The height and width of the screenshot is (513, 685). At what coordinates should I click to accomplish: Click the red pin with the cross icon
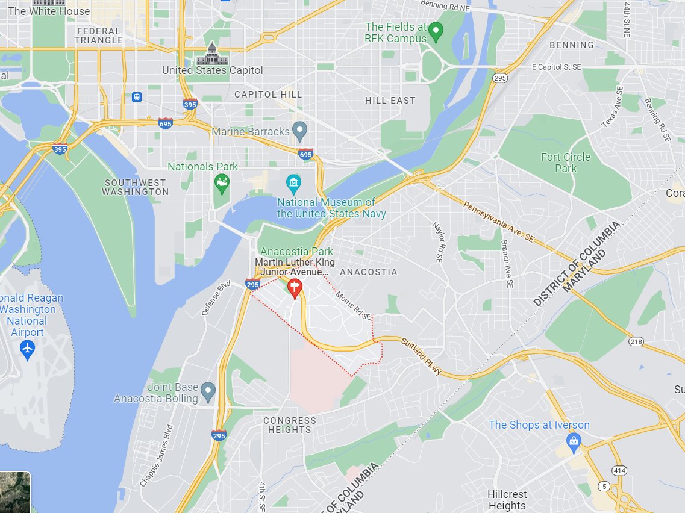click(x=295, y=288)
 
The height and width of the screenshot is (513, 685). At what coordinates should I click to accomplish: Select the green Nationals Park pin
click(x=222, y=183)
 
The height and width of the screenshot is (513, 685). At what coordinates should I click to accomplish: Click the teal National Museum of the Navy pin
click(x=293, y=183)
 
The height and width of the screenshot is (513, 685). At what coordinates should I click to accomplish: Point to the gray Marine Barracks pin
click(x=299, y=131)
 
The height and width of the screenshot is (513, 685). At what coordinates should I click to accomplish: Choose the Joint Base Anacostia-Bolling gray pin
click(x=208, y=391)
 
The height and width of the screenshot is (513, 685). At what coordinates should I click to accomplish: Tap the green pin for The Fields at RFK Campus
click(x=437, y=31)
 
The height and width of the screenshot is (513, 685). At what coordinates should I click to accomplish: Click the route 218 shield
click(x=636, y=341)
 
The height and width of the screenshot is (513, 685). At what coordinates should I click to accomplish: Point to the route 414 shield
click(x=619, y=470)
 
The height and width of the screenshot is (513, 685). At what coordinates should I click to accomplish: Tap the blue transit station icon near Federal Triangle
click(x=137, y=96)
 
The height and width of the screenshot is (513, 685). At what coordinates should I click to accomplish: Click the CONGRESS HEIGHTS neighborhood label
click(x=290, y=425)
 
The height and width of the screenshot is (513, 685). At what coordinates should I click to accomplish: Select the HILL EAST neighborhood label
click(x=390, y=101)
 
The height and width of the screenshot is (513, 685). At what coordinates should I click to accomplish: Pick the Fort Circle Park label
click(x=565, y=163)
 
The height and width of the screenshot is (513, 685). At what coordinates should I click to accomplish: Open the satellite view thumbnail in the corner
click(x=14, y=492)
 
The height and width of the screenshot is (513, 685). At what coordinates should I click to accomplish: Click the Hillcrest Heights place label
click(x=507, y=500)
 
